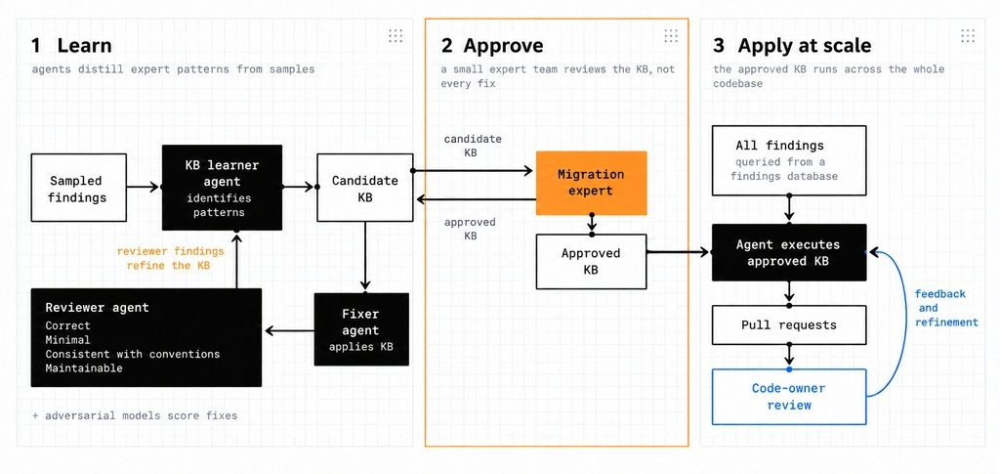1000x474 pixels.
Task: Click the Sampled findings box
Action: pos(78,188)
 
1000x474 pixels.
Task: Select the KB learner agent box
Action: pos(222,188)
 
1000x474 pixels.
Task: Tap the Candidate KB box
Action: pos(365,188)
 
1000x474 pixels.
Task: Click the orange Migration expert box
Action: pos(591,183)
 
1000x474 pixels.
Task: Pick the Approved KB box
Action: pos(591,262)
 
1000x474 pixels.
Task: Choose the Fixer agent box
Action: pos(361,329)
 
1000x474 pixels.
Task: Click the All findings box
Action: pos(789,160)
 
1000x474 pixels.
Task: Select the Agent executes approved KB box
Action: pos(789,252)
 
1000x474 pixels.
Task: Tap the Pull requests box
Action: pos(789,324)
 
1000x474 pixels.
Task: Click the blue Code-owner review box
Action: pos(789,396)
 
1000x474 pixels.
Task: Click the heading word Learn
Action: pos(84,46)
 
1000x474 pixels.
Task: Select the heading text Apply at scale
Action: pos(805,47)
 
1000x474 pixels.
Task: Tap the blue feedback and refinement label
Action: pos(945,308)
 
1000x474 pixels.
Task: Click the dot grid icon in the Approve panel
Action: pos(671,36)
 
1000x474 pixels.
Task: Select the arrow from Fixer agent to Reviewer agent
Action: pos(288,330)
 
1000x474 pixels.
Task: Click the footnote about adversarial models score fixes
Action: pos(135,416)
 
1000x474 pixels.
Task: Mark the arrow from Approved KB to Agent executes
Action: pos(680,252)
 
